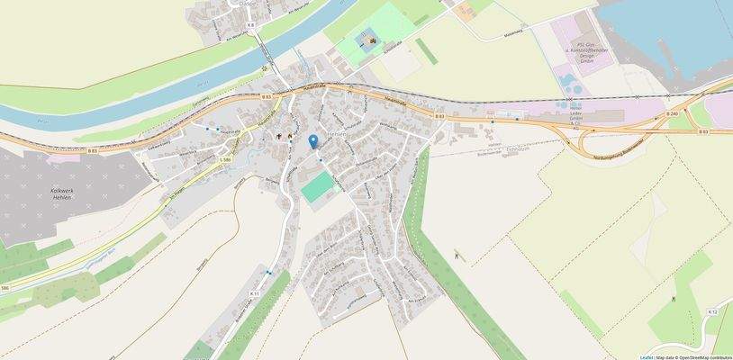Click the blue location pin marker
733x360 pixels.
pos(312,141)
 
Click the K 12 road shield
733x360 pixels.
pos(712,311)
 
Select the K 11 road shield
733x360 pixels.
pos(254,293)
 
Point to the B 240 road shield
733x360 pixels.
pos(673,113)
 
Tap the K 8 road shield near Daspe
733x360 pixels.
pos(250,25)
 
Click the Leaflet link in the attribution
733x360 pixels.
pos(647,356)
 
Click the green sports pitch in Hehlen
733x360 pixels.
pos(316,188)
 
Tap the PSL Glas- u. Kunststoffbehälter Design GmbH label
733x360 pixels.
pos(593,51)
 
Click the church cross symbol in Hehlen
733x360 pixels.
pos(279,137)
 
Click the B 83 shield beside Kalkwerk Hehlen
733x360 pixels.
pos(93,151)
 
